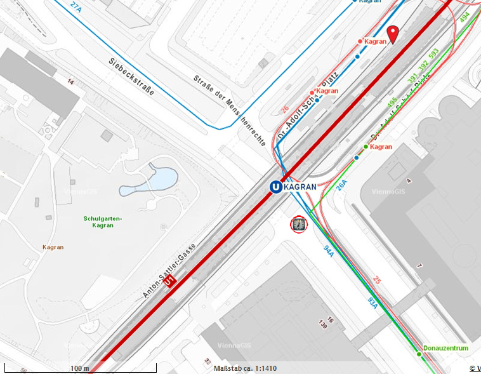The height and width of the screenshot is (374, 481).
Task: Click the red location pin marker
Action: tap(393, 34)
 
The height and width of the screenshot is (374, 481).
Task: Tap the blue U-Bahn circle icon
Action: tap(275, 187)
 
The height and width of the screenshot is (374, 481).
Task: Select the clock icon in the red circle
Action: tap(298, 224)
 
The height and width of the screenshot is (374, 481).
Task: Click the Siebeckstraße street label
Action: tap(131, 76)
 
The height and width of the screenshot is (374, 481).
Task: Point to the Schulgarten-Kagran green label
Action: tap(102, 222)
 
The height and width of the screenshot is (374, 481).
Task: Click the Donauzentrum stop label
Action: tap(445, 348)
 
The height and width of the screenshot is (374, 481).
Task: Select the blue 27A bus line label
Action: tap(76, 7)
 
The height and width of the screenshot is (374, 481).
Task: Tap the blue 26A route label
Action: tap(342, 185)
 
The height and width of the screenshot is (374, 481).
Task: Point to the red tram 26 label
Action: tap(284, 110)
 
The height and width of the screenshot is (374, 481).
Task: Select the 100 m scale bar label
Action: tap(79, 368)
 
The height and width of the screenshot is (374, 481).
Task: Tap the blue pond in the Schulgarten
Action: tap(150, 180)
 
